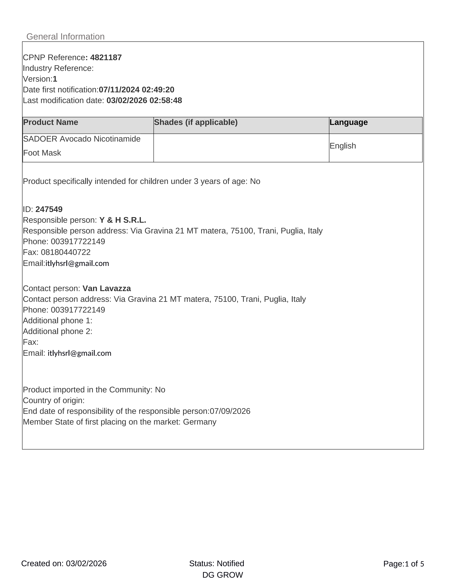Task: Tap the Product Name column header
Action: pos(51,122)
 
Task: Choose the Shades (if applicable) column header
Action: pos(196,122)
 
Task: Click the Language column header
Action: pos(348,122)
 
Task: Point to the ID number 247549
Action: pos(49,209)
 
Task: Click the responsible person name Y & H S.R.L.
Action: pos(123,220)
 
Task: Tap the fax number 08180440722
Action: pos(66,252)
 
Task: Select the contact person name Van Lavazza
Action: pos(107,288)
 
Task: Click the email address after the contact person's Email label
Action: pos(79,353)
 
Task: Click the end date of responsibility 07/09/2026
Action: pos(230,411)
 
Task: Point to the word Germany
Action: pos(200,422)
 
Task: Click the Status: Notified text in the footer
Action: pos(217,564)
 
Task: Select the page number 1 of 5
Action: pos(414,564)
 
